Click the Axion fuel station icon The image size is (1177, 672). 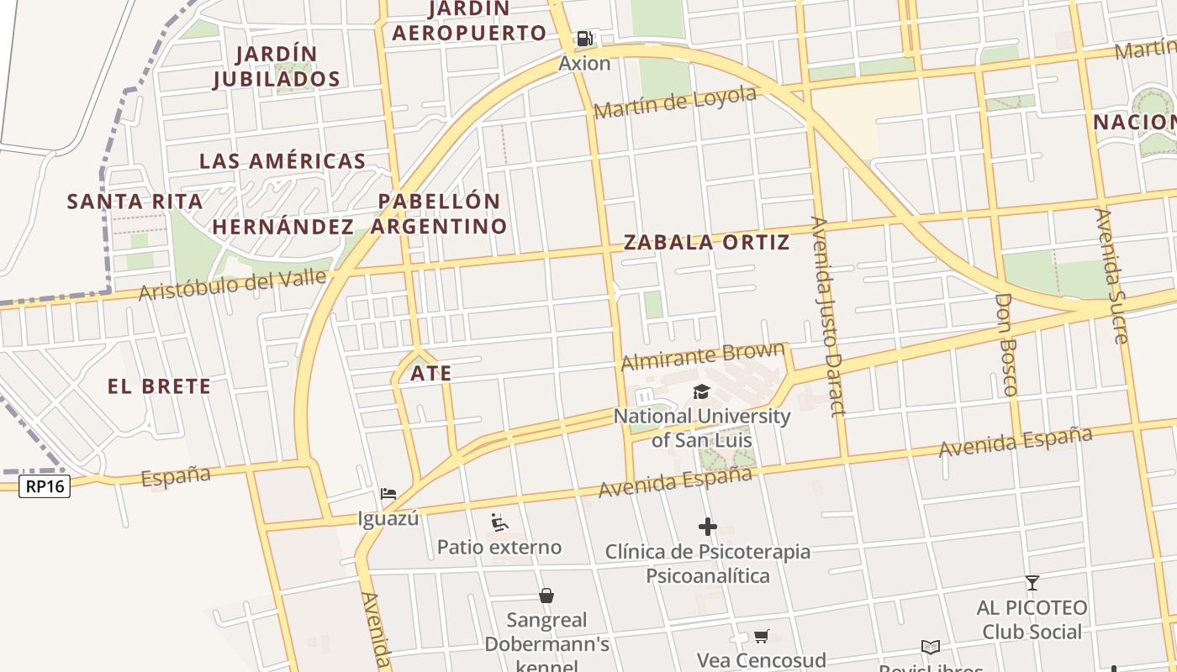[584, 39]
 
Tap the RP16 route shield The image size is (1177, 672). [45, 486]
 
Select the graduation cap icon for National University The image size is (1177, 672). [701, 391]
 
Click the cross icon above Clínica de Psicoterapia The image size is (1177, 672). [708, 527]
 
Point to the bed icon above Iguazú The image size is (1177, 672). [388, 493]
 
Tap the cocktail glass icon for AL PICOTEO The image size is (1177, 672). [1032, 582]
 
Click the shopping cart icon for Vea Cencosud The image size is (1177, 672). [762, 636]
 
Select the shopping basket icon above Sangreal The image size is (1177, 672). [546, 596]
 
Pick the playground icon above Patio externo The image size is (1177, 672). [499, 522]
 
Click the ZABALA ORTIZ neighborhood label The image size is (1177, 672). [706, 243]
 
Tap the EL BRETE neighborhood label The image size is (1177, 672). [160, 386]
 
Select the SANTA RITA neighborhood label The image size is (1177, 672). [135, 202]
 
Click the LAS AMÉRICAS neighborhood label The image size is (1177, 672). [282, 161]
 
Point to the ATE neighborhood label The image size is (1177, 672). [431, 373]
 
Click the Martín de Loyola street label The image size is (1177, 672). [675, 102]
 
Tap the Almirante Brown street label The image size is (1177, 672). [703, 355]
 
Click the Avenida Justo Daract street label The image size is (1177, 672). [826, 315]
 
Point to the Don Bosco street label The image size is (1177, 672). [1005, 344]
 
